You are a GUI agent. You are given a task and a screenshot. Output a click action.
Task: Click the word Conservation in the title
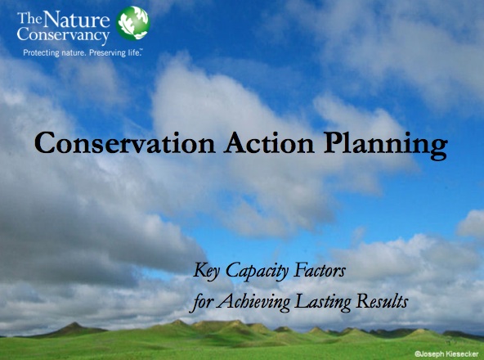125,143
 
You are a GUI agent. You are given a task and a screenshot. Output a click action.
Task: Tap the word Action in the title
269,143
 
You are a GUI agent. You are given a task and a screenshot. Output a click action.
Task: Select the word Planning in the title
386,146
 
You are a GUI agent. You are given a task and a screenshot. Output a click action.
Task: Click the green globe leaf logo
133,23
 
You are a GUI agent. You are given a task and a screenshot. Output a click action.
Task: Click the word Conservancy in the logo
63,34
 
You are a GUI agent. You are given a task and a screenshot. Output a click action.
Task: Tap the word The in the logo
29,19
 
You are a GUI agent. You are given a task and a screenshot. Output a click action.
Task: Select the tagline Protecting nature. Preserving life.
83,53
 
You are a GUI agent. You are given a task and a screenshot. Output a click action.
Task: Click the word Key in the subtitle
207,272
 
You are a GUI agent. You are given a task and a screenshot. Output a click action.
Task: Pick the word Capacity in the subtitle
257,272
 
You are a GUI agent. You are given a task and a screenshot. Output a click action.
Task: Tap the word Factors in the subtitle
320,270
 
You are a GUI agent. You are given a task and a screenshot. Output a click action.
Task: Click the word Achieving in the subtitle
253,302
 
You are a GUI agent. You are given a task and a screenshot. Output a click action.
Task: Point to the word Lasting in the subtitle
323,302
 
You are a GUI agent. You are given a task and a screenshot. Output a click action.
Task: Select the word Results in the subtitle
382,300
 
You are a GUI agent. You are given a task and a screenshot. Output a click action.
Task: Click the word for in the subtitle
201,302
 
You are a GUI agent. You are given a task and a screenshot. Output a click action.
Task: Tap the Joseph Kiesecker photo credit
446,354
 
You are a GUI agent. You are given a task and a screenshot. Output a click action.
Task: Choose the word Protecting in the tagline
42,53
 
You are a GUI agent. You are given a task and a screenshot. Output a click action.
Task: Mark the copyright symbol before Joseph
417,354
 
